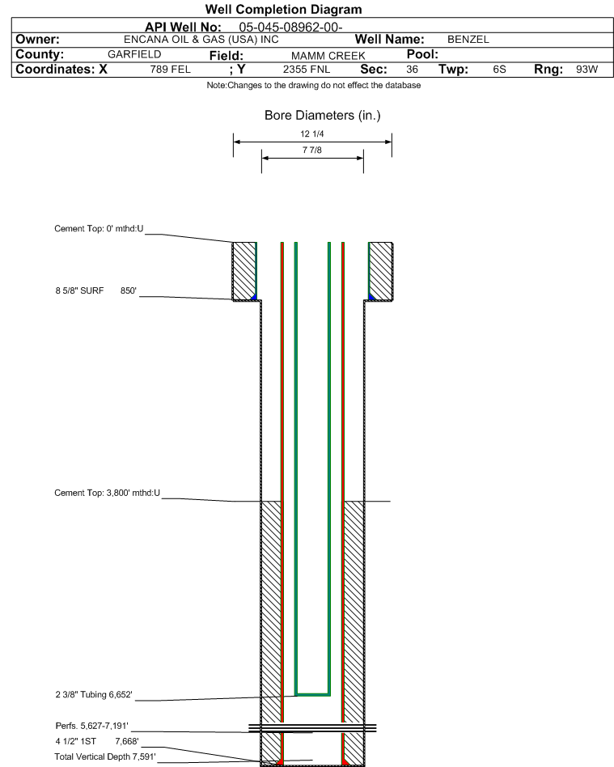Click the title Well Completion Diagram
click(284, 9)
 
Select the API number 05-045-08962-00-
click(290, 28)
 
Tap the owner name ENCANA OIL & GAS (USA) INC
click(201, 40)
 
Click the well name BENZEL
click(468, 40)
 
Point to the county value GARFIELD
click(134, 54)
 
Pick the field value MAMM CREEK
click(328, 56)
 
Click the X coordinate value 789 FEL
click(170, 70)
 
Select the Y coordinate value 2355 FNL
click(307, 70)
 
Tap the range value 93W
click(587, 70)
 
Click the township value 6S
click(499, 70)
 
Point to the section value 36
click(412, 70)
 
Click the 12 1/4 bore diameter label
click(312, 134)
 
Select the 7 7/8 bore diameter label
click(312, 150)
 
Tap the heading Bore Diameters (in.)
click(323, 116)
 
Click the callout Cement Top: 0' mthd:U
click(99, 229)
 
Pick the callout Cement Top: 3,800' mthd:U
click(107, 493)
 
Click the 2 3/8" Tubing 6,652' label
click(94, 695)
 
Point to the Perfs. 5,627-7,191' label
click(92, 726)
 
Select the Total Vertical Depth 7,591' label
click(105, 756)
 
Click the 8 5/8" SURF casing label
click(79, 291)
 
